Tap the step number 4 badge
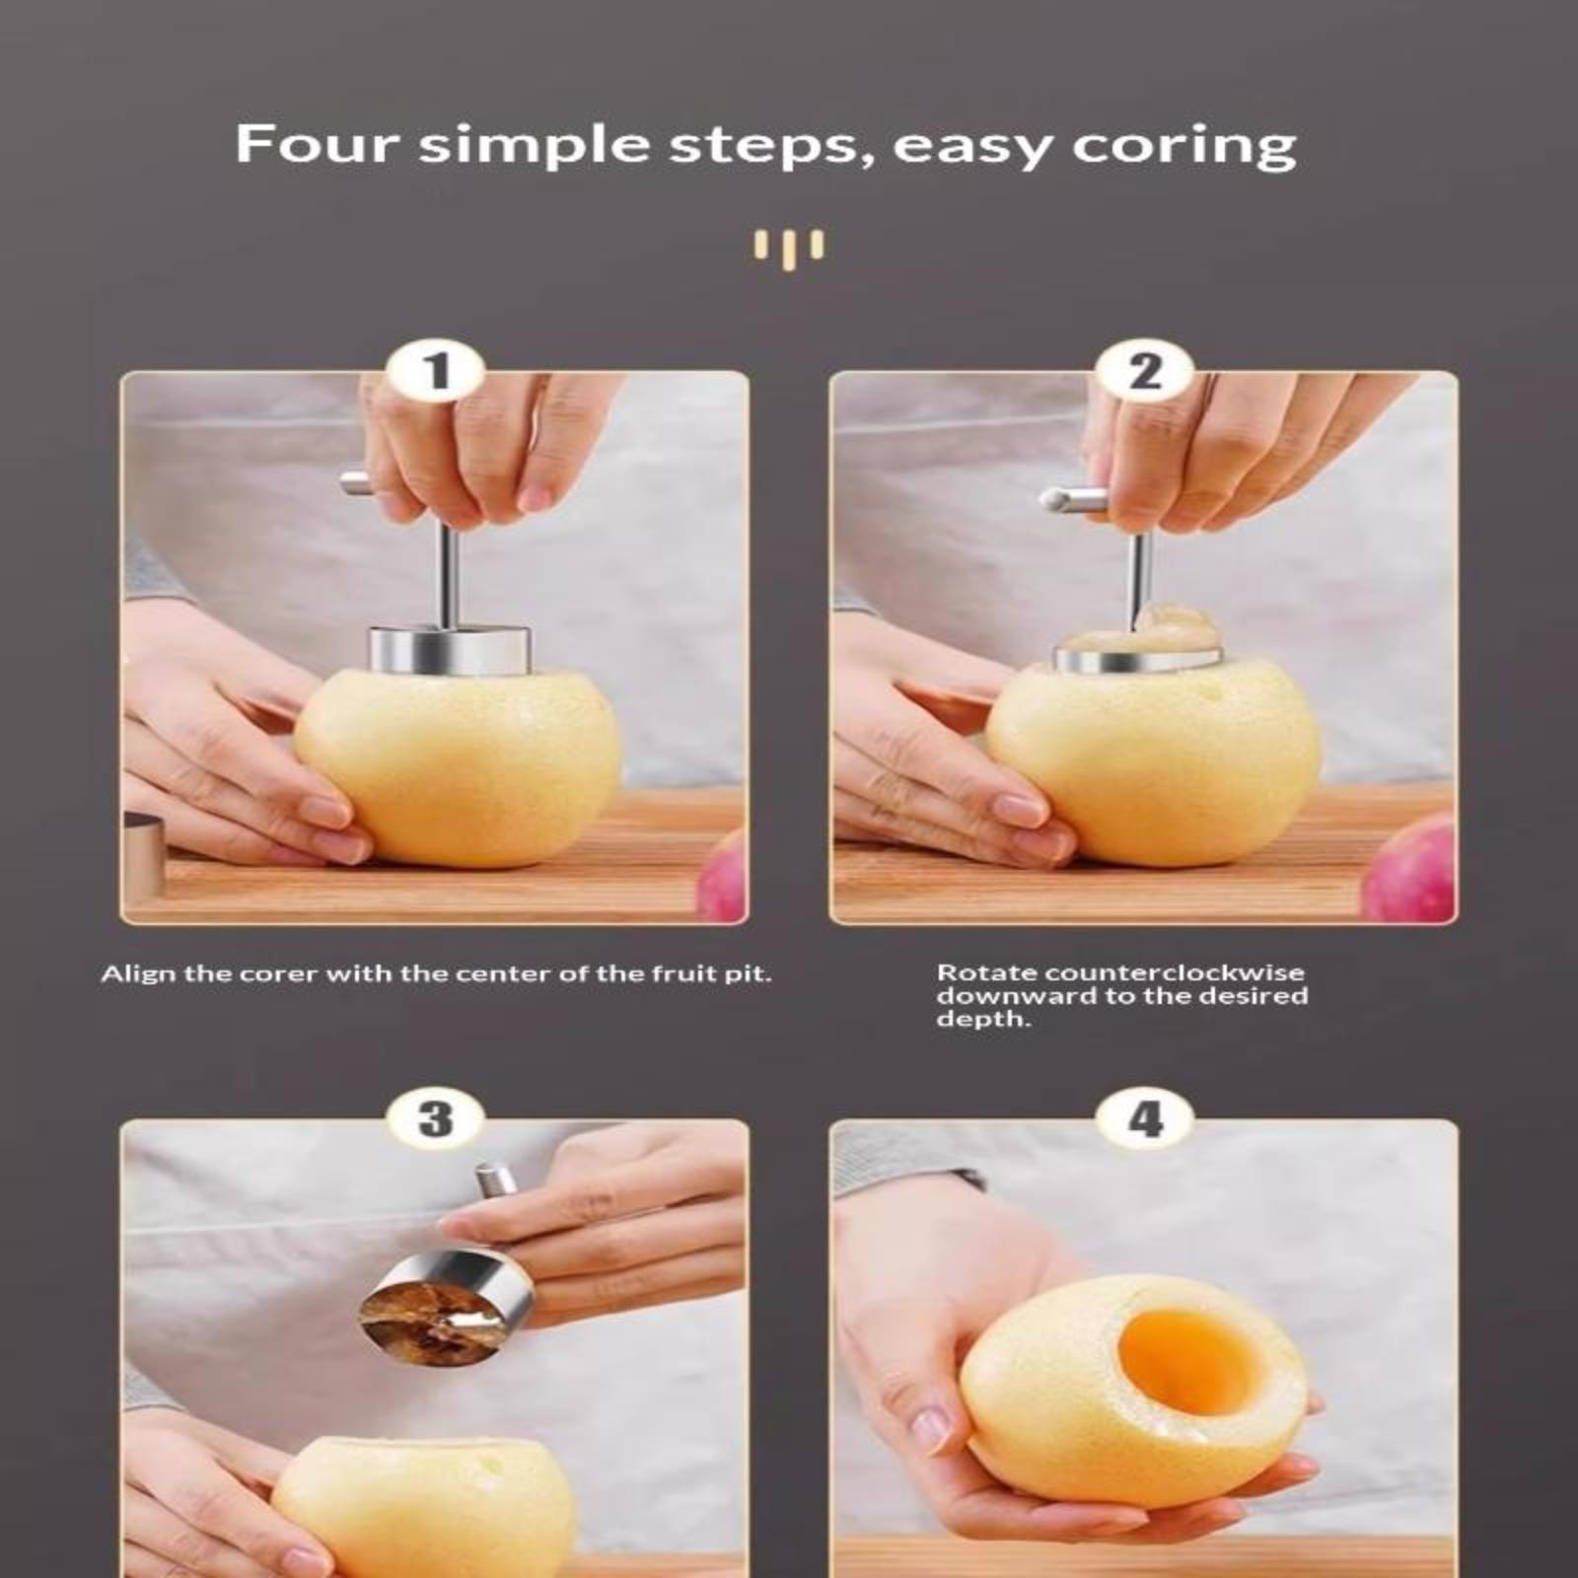click(x=1144, y=1119)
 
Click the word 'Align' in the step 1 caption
click(x=139, y=974)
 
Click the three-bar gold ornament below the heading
click(x=789, y=249)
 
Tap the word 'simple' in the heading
click(x=534, y=147)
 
